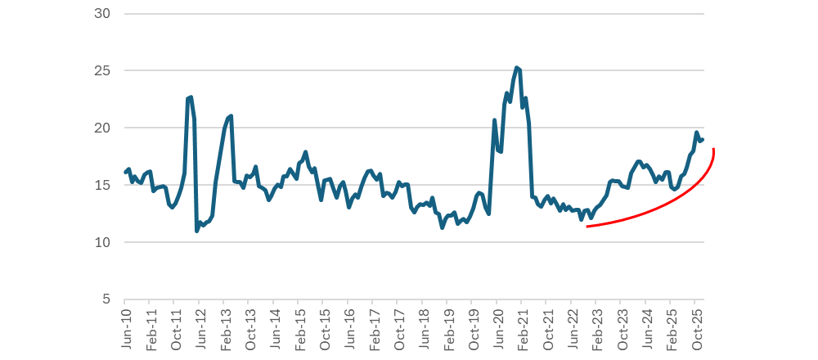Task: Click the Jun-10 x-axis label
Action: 127,330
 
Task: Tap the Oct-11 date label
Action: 177,330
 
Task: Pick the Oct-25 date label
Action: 697,330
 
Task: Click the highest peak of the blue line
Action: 516,68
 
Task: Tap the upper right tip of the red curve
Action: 714,149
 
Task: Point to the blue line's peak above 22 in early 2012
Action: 191,97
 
